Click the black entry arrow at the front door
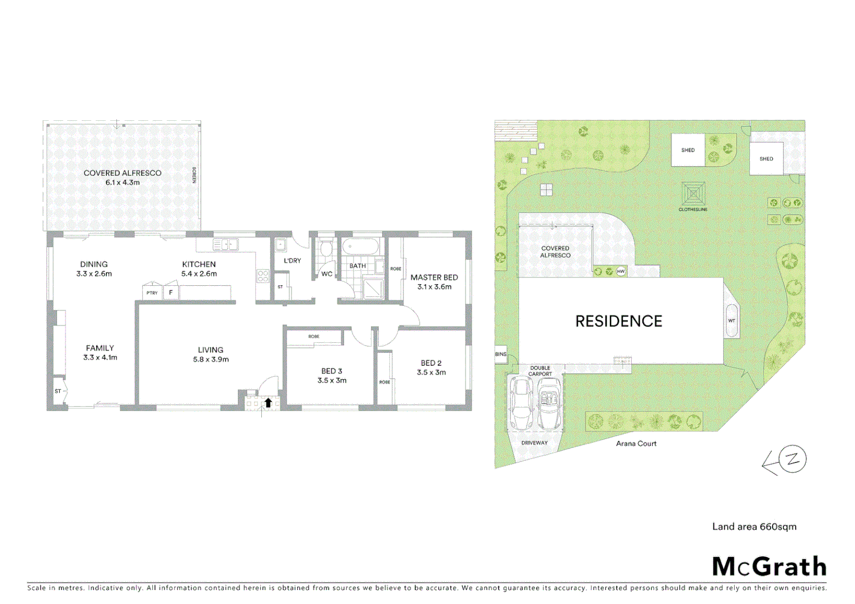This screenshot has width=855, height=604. [268, 402]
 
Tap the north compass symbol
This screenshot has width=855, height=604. [792, 459]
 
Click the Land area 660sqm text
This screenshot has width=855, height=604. [754, 526]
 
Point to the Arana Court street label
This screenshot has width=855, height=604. [636, 443]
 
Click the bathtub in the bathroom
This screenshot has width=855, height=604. [360, 247]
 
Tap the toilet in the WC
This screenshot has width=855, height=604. [326, 249]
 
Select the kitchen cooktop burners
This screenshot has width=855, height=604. [263, 276]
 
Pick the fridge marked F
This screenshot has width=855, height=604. [171, 292]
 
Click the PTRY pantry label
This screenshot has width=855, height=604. [152, 293]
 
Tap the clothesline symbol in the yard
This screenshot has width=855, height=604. [693, 194]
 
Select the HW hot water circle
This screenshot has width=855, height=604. [621, 271]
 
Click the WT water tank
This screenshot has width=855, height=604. [731, 320]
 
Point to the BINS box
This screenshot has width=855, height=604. [501, 355]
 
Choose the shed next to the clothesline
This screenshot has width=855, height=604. [688, 150]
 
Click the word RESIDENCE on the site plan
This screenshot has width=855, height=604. [618, 321]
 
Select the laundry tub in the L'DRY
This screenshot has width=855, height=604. [281, 244]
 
